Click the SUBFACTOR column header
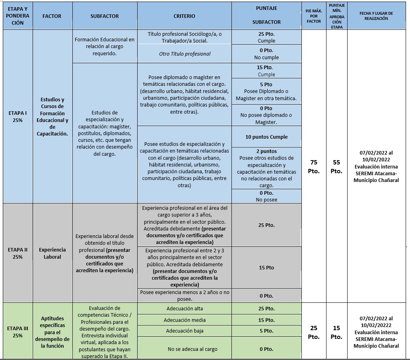(105, 16)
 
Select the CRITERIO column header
(184, 16)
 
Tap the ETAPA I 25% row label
(17, 117)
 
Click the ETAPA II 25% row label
(17, 253)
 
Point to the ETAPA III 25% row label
(17, 332)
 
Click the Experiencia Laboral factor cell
(52, 253)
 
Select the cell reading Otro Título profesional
(185, 54)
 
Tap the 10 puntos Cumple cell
(266, 137)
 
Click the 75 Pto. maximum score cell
(314, 166)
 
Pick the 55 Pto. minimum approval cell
(336, 166)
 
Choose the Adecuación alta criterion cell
(185, 308)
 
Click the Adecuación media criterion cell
(185, 320)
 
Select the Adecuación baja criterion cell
(185, 331)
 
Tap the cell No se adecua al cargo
(185, 349)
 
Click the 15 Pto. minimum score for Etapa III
(336, 332)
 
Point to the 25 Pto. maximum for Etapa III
(314, 332)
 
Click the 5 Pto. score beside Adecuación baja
(266, 331)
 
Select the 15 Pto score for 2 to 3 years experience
(266, 267)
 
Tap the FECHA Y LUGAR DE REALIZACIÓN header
(376, 15)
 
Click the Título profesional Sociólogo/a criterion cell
(185, 37)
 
